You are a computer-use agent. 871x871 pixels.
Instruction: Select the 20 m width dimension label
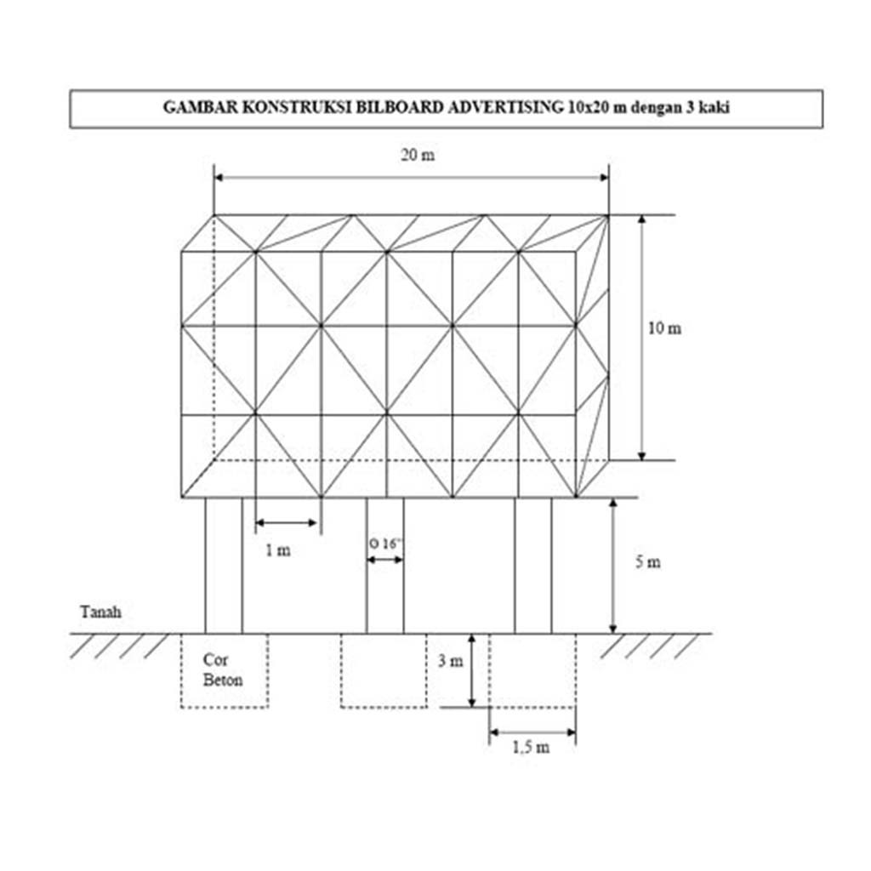point(418,155)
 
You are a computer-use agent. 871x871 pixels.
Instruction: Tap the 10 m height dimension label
point(664,328)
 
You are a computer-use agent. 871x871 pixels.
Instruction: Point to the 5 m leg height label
point(647,562)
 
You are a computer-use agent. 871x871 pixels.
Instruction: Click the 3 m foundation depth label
point(450,661)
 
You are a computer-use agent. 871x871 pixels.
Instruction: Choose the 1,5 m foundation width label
point(531,747)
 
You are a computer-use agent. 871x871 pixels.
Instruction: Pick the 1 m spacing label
point(278,550)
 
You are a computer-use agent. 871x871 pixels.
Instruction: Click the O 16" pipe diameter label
point(385,544)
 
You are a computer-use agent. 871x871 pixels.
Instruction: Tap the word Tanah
point(100,612)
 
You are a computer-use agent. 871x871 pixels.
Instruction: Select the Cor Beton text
point(222,670)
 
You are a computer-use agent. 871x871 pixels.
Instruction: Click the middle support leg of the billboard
point(385,566)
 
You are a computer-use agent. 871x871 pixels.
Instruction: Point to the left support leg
point(224,566)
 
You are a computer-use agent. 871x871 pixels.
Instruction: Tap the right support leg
point(533,566)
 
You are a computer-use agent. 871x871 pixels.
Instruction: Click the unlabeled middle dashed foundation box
point(384,707)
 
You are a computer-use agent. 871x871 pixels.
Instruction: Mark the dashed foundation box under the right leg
point(532,707)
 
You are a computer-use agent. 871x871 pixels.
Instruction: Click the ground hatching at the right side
point(650,646)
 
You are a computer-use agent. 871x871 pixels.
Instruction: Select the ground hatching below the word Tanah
point(119,646)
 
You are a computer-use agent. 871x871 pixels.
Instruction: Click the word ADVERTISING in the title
point(505,107)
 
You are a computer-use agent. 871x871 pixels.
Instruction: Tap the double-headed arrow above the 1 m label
point(286,523)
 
